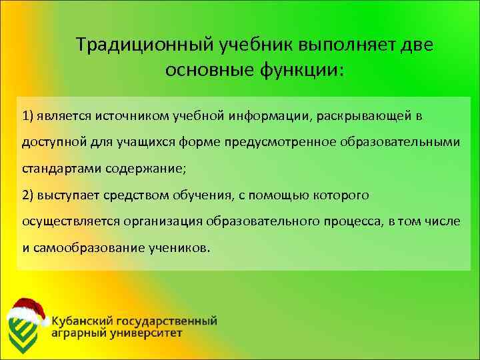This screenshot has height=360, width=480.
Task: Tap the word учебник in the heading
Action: (x=254, y=45)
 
